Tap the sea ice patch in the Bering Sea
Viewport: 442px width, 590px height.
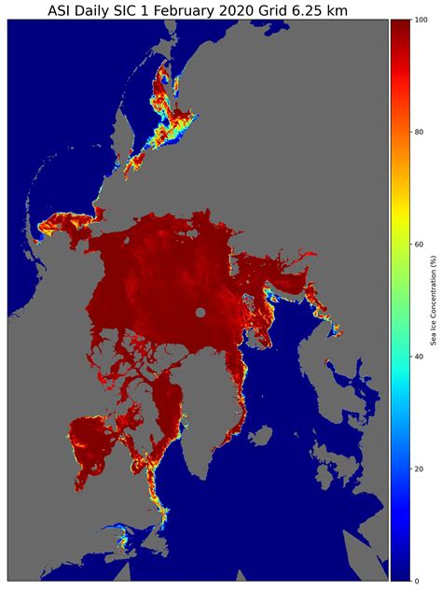coord(61,224)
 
